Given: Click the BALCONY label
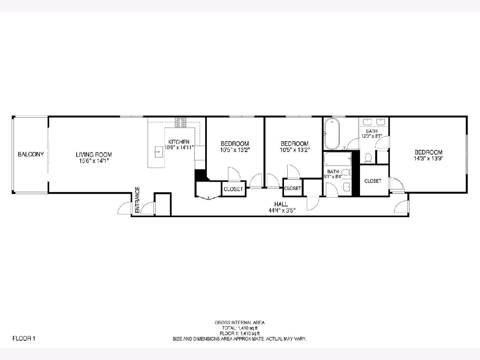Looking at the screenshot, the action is [31, 154].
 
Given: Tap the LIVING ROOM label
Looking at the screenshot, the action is [94, 155].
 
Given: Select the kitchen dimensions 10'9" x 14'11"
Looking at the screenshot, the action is [179, 147].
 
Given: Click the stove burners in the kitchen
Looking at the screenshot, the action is [180, 122].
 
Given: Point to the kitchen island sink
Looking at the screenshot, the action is [158, 152].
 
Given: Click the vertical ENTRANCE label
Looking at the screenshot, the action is [137, 200].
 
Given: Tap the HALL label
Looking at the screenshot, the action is [281, 204].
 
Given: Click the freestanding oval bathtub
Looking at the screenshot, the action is [332, 134].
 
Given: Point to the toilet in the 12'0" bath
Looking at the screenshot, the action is [368, 158].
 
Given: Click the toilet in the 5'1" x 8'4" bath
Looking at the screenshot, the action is [346, 172].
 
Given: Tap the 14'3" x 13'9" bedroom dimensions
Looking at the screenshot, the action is [428, 158].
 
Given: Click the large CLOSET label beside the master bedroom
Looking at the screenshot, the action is [373, 181].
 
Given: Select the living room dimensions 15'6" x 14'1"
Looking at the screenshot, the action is [94, 161].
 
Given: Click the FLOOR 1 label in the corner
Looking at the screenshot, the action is [24, 338].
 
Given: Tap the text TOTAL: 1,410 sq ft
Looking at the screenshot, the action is [240, 328].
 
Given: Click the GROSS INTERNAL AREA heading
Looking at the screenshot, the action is [240, 322].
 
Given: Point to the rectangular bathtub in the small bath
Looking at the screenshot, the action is [338, 159].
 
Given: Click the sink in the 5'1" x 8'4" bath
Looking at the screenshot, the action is [347, 187].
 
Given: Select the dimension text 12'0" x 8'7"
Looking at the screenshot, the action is [372, 136].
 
